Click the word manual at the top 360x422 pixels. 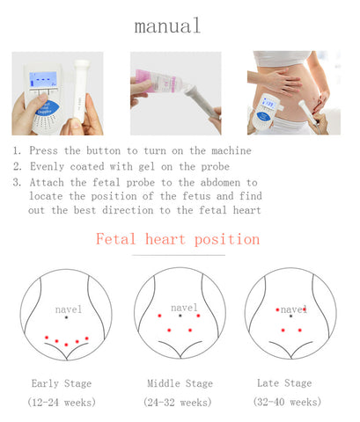(x=167, y=25)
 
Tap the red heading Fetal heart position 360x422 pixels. (x=178, y=239)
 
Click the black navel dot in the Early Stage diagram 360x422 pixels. (x=66, y=317)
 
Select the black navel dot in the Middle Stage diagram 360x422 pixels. (x=180, y=316)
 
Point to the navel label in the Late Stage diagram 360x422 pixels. (x=293, y=309)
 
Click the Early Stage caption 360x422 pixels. (x=62, y=383)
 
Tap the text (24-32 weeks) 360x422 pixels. (x=178, y=402)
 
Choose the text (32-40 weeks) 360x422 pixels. (x=287, y=402)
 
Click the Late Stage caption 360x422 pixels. (x=284, y=382)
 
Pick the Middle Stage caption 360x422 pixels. (x=180, y=383)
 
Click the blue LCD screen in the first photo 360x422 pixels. (x=43, y=79)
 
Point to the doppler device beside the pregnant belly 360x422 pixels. (x=266, y=113)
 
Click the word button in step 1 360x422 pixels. (x=103, y=150)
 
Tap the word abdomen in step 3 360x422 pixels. (x=220, y=183)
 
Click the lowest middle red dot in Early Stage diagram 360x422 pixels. (x=66, y=345)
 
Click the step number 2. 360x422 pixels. (x=17, y=166)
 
